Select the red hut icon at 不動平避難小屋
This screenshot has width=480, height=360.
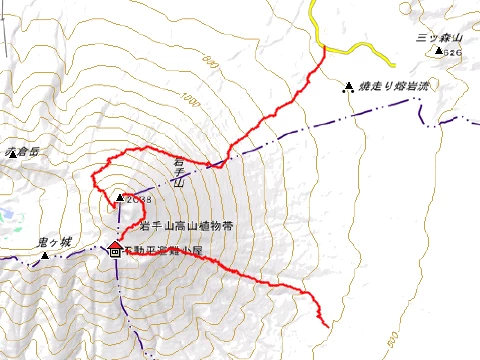[114, 249]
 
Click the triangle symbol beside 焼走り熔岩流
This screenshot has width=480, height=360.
[349, 87]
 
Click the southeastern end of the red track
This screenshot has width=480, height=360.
[327, 325]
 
